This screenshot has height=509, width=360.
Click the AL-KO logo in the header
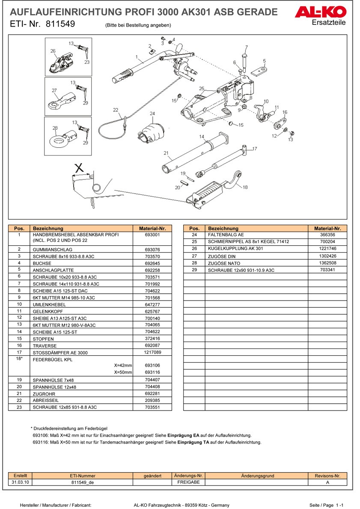320,12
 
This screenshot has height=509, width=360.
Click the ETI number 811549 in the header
60,24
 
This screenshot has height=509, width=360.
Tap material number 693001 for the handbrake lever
152,235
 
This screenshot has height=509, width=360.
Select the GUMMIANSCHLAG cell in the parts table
53,250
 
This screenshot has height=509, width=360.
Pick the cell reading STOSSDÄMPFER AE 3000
60,353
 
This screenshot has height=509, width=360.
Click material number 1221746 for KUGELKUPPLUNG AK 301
327,249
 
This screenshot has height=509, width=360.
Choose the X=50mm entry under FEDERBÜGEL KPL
123,372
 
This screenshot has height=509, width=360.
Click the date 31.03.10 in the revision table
20,482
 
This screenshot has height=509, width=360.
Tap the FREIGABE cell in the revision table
189,482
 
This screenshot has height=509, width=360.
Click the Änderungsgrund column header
258,476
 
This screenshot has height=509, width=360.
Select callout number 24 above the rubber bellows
152,113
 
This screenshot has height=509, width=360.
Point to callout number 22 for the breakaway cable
116,110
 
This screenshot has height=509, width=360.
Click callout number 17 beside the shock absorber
255,149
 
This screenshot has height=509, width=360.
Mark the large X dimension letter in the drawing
79,168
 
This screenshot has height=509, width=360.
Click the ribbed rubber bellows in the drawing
152,134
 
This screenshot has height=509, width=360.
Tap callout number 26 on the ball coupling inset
53,51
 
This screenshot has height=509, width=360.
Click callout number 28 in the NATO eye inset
55,128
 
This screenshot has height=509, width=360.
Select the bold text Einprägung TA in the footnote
193,442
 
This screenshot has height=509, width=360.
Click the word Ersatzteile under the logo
328,22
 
